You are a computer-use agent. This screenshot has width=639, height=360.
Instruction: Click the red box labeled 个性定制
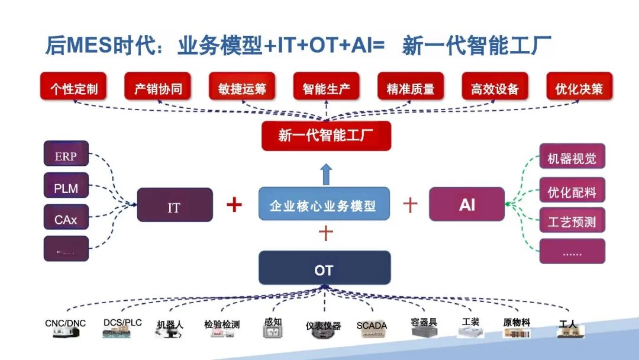click(x=74, y=89)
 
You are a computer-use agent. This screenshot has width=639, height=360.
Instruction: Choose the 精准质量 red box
click(x=411, y=89)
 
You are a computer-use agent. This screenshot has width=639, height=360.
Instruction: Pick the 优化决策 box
click(x=579, y=89)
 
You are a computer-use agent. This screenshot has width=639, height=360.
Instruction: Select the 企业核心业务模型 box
click(x=324, y=205)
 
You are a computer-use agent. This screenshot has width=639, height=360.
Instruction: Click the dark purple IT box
click(x=175, y=205)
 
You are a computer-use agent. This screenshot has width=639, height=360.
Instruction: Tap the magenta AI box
click(x=467, y=205)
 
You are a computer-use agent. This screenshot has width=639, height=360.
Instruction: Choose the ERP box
click(x=66, y=155)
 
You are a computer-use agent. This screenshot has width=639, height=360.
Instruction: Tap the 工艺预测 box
click(x=572, y=221)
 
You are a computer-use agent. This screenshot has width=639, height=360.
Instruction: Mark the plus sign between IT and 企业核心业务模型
click(x=235, y=205)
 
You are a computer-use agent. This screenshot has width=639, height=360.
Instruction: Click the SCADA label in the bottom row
click(x=372, y=326)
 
